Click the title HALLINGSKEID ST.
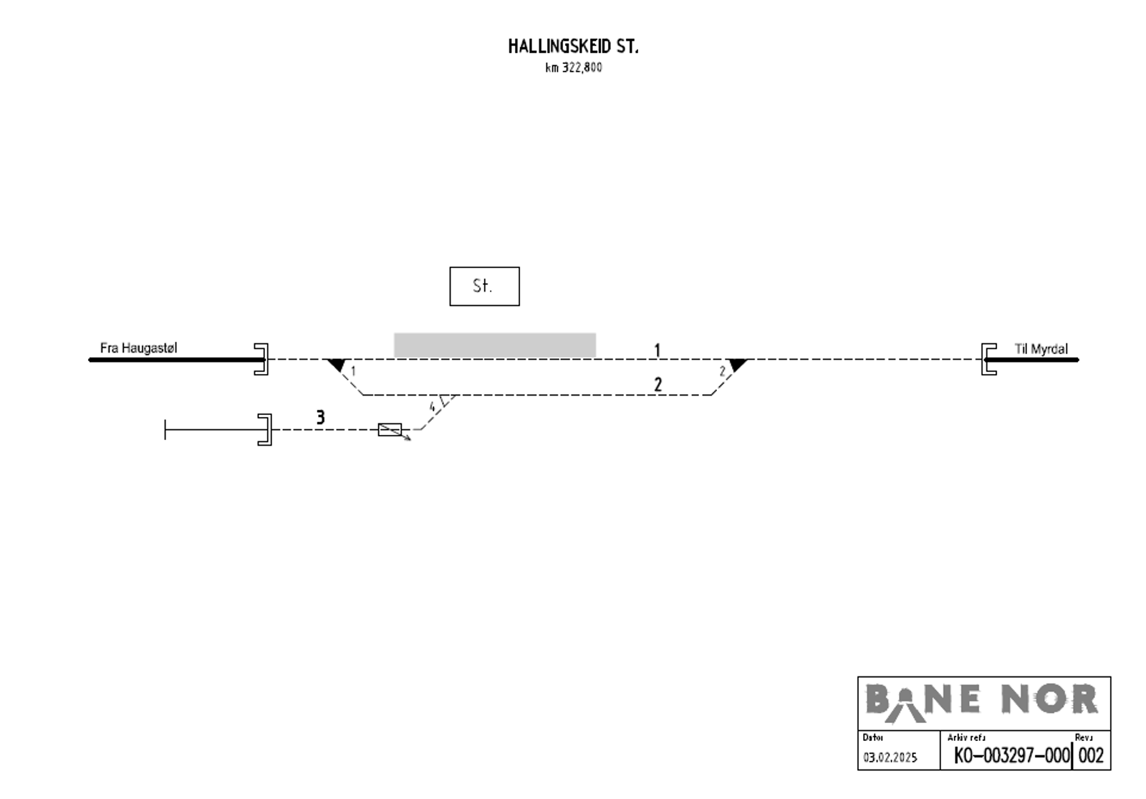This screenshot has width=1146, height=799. point(573,47)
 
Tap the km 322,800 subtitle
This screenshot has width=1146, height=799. point(574,67)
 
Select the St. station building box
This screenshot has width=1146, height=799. point(484,286)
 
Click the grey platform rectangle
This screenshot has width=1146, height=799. point(495,345)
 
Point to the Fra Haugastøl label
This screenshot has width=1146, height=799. point(139,348)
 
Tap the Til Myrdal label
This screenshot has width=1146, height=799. point(1041,349)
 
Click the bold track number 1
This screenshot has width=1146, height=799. point(658,350)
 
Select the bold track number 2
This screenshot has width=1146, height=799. point(658,384)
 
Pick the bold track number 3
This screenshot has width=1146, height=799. point(321,418)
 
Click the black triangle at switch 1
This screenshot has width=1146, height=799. point(337,365)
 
